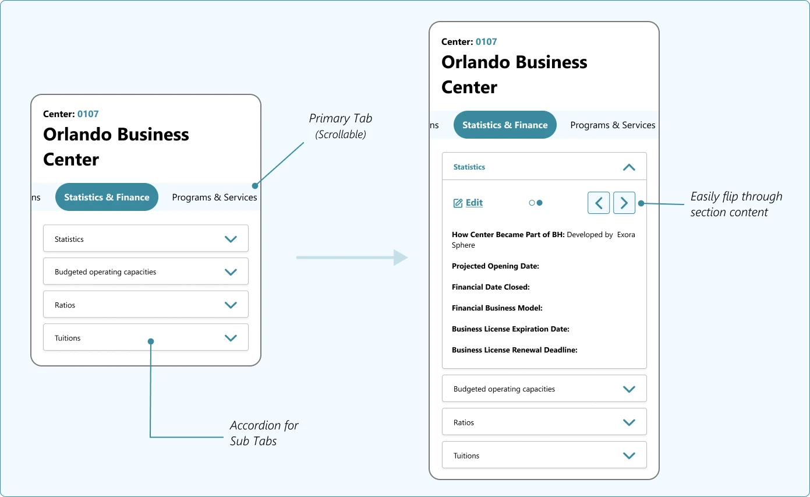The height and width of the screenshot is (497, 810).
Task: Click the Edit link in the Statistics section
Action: [x=468, y=203]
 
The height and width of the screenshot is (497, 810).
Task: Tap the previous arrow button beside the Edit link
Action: [x=599, y=203]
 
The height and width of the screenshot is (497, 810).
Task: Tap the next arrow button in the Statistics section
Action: [x=624, y=203]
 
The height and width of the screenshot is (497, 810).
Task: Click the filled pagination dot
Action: [x=540, y=203]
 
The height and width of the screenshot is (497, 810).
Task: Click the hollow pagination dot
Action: [x=532, y=203]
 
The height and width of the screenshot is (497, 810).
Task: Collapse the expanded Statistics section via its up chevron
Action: [x=629, y=167]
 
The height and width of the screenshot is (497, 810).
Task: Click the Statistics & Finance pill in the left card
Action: [x=107, y=197]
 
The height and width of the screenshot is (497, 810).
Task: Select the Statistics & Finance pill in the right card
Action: [x=505, y=125]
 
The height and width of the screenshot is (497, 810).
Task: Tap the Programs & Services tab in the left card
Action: [x=214, y=197]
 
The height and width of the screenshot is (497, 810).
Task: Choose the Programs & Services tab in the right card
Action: [x=613, y=125]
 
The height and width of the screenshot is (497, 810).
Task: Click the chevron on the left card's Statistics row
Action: [x=231, y=239]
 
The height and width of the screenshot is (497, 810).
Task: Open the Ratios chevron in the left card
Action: [x=231, y=305]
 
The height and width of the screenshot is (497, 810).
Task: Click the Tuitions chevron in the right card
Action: [x=629, y=456]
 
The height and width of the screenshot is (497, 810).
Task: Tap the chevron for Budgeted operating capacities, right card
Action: [x=629, y=389]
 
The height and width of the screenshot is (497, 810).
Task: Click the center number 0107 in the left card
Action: [x=88, y=114]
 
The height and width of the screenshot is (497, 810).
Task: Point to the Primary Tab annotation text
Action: [x=340, y=126]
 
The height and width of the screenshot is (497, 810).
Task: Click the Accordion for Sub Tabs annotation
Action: [x=264, y=433]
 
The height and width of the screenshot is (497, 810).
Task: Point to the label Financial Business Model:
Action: [x=497, y=308]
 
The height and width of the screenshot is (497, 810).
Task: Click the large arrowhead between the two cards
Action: [x=401, y=258]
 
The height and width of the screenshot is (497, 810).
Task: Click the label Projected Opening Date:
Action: [x=496, y=266]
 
